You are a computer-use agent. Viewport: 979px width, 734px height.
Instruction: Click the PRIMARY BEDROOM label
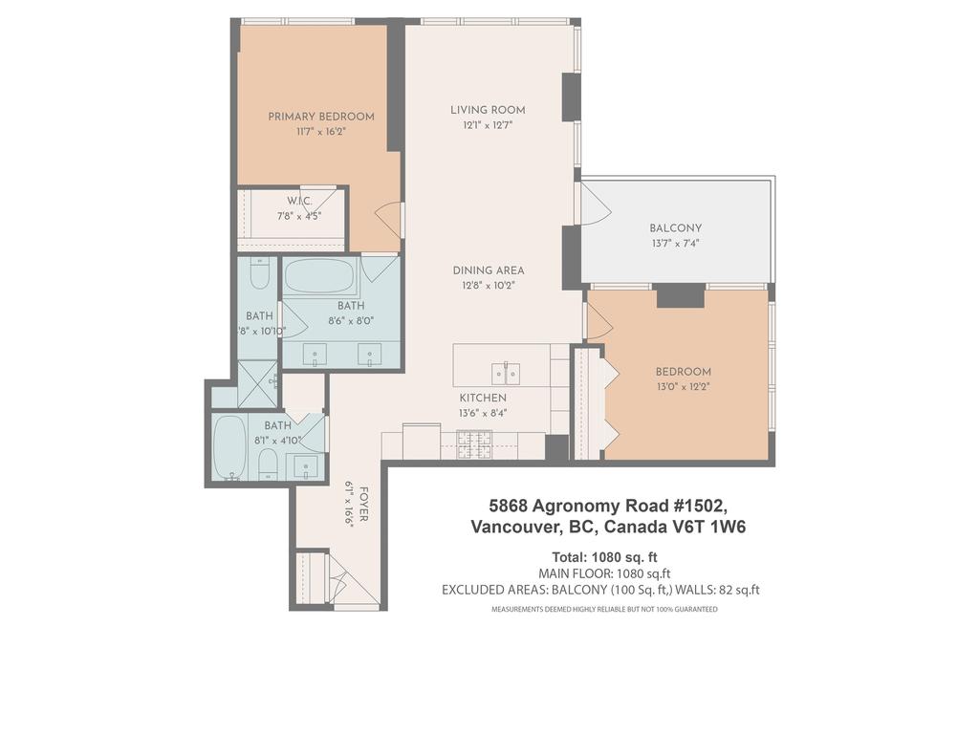(x=320, y=117)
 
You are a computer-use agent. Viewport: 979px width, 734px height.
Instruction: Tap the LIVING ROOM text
(x=488, y=110)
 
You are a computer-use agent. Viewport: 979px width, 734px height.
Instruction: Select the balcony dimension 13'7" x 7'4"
(x=675, y=244)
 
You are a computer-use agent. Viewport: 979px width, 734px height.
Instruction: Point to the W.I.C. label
(x=299, y=201)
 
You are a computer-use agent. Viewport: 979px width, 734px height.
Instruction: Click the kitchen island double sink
(x=505, y=372)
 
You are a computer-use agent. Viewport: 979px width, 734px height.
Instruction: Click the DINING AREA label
(x=488, y=270)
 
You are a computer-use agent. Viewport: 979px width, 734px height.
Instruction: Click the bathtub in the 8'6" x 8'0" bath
(x=319, y=276)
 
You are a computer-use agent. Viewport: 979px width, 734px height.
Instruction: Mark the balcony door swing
(x=594, y=203)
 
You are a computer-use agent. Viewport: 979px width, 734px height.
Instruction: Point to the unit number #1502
(x=704, y=505)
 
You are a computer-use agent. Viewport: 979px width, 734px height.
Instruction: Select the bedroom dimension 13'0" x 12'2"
(x=683, y=387)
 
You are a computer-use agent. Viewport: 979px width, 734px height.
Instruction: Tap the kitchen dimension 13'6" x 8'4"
(x=483, y=414)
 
